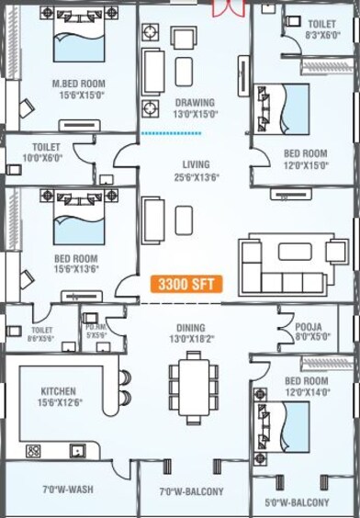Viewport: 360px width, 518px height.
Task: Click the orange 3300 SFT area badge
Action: pos(186,284)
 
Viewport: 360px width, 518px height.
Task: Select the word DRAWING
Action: pos(194,102)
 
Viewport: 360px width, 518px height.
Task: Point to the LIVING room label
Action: pos(196,164)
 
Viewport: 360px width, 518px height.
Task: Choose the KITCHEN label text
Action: pos(58,391)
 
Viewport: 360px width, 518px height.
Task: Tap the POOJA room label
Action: pos(308,326)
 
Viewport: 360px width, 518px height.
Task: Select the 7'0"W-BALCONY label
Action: pos(191,491)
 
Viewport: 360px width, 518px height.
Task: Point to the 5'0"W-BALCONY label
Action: pos(298,502)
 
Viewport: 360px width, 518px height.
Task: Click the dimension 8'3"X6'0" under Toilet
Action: pos(321,35)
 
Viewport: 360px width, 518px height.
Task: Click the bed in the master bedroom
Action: pos(79,42)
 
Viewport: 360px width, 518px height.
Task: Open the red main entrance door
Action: pos(226,8)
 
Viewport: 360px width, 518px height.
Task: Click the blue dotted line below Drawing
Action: pos(171,134)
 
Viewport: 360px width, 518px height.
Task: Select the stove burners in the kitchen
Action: pos(34,451)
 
